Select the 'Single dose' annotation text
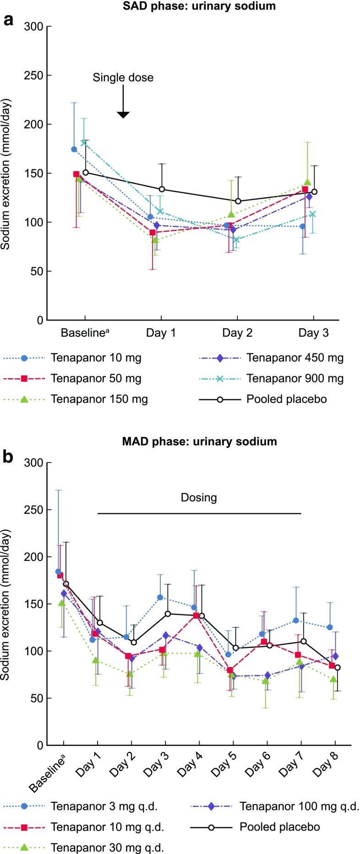[x=123, y=77]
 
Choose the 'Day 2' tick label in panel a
[x=237, y=333]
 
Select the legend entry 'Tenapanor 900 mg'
[x=295, y=379]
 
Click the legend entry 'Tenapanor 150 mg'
[x=99, y=399]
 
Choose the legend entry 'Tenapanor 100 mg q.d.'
[x=300, y=806]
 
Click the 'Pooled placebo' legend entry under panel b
[x=279, y=827]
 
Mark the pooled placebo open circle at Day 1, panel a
[x=162, y=189]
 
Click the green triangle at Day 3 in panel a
[x=307, y=182]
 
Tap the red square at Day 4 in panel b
[x=196, y=615]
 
